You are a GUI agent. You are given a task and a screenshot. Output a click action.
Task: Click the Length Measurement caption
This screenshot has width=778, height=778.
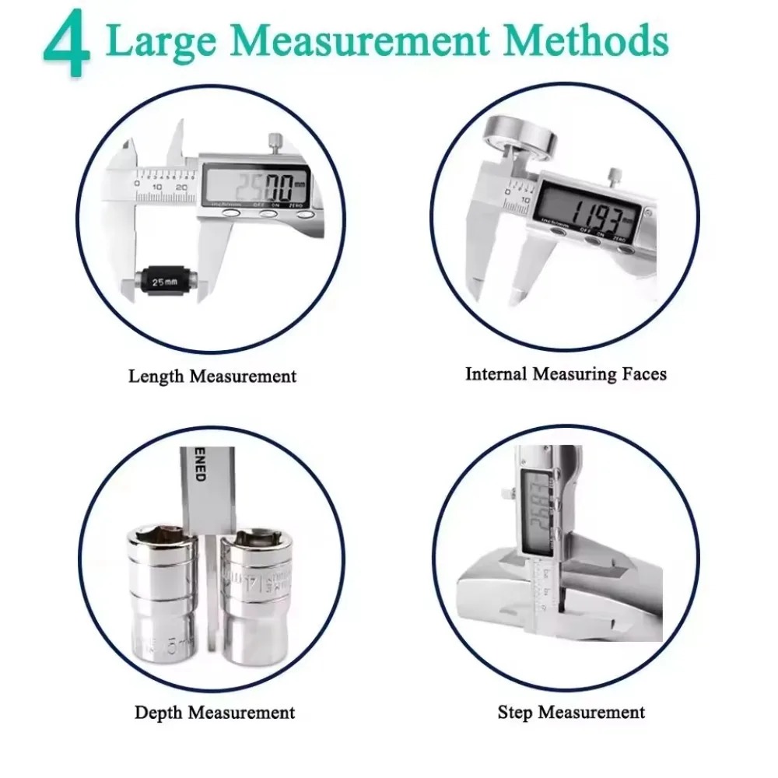point(212,377)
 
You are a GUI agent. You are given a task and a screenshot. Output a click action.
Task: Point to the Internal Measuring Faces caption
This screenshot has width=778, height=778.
point(566,373)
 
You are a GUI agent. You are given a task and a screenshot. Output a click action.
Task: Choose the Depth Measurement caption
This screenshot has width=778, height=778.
point(215,712)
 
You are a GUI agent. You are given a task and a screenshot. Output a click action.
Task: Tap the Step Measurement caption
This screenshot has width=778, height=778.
point(571,712)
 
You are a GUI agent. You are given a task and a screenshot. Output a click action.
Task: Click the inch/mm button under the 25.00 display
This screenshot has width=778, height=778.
point(230,213)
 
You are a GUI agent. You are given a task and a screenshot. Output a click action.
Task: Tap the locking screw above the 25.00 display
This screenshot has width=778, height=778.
point(275,142)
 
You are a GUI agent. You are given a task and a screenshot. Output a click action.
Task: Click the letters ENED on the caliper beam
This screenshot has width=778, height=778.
point(199,470)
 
